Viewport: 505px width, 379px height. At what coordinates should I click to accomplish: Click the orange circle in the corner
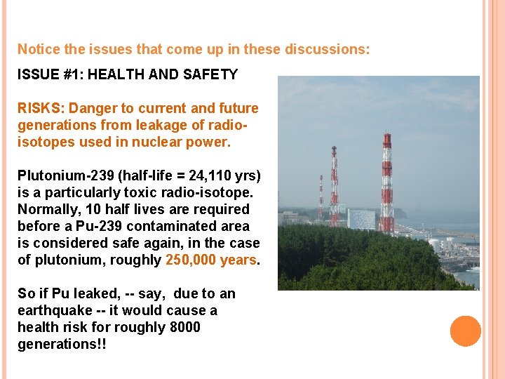[x=465, y=331]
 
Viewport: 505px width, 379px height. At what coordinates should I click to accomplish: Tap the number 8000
[x=185, y=327]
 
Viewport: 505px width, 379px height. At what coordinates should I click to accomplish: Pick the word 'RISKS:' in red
[x=41, y=108]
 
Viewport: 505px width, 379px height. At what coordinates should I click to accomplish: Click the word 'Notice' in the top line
[x=39, y=49]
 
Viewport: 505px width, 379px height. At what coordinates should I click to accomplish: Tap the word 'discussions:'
[x=330, y=49]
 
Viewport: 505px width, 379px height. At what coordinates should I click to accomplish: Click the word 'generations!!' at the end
[x=62, y=344]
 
